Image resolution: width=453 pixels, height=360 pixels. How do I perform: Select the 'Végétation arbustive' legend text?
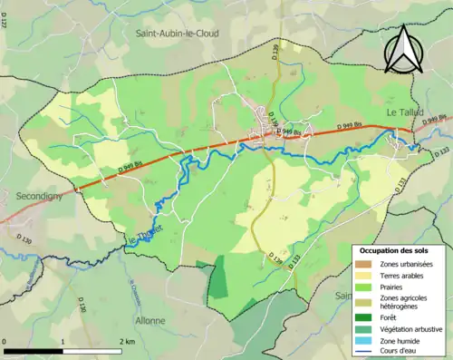click(x=413, y=329)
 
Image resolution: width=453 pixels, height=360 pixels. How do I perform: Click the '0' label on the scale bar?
click(x=5, y=341)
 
